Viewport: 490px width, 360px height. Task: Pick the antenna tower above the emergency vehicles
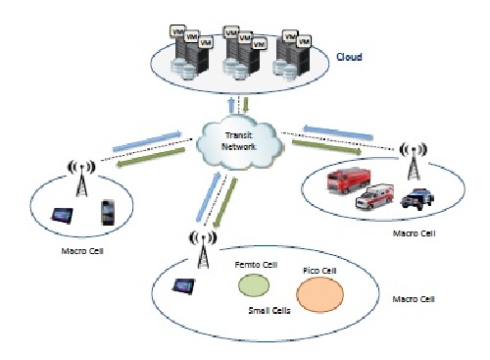[x=413, y=156]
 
